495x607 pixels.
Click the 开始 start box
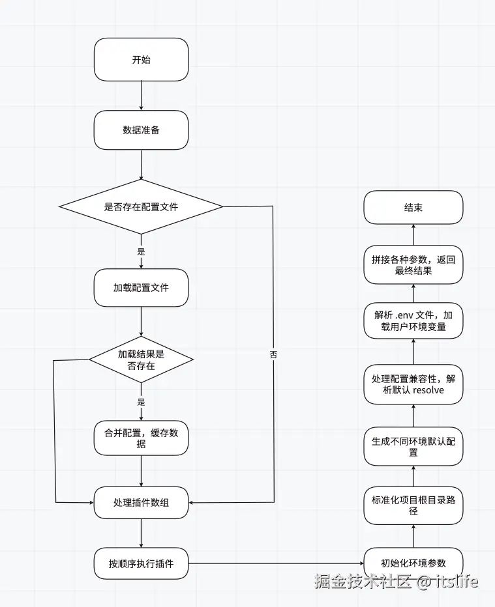pyautogui.click(x=141, y=60)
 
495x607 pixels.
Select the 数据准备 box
pyautogui.click(x=141, y=130)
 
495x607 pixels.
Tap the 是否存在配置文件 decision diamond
pyautogui.click(x=141, y=207)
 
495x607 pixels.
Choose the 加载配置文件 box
pyautogui.click(x=141, y=287)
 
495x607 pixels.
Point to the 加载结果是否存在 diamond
pyautogui.click(x=141, y=360)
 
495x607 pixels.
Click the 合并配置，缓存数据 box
pyautogui.click(x=141, y=438)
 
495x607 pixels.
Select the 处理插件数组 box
pyautogui.click(x=141, y=502)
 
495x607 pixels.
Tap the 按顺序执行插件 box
pyautogui.click(x=141, y=563)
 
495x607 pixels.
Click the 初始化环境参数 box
pyautogui.click(x=413, y=563)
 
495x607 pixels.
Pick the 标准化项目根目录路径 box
pyautogui.click(x=413, y=506)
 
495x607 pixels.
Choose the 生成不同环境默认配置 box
pyautogui.click(x=413, y=447)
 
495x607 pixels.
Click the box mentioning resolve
pyautogui.click(x=413, y=384)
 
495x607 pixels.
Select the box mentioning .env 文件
pyautogui.click(x=413, y=320)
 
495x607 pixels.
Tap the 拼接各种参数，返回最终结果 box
pyautogui.click(x=413, y=265)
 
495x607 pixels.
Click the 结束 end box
pyautogui.click(x=413, y=208)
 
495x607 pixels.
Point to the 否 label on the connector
pyautogui.click(x=273, y=355)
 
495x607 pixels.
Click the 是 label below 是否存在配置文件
pyautogui.click(x=141, y=251)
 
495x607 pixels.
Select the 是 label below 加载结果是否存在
pyautogui.click(x=141, y=402)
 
